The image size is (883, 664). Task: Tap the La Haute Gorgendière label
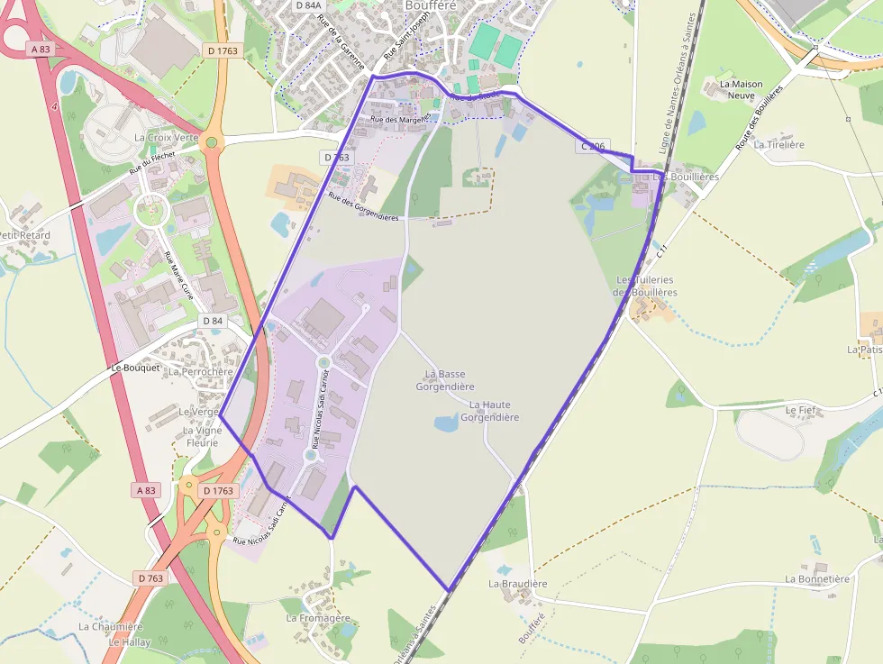(x=490, y=412)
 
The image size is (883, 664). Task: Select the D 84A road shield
(x=307, y=5)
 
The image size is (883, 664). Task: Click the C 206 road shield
(x=595, y=145)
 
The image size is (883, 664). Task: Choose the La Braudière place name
(x=518, y=584)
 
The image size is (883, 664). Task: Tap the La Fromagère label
(x=318, y=618)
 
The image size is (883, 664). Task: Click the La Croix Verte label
(x=166, y=138)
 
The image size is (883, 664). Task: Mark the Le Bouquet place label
(x=135, y=368)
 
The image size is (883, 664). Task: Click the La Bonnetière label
(x=817, y=579)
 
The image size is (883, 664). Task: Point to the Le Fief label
(x=799, y=410)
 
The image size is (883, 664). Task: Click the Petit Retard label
(x=24, y=235)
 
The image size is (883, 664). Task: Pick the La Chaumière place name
(x=111, y=627)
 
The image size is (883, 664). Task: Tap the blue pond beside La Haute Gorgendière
(x=447, y=422)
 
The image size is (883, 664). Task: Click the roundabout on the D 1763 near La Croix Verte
(x=212, y=141)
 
